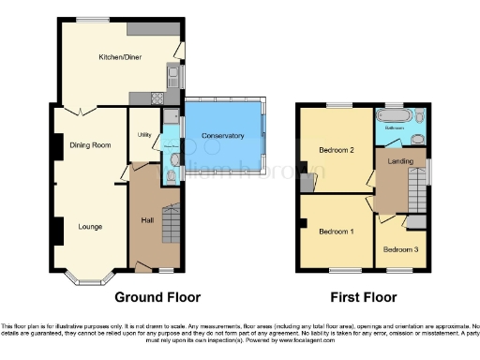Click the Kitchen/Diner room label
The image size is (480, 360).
[120, 56]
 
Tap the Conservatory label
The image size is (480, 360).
[223, 136]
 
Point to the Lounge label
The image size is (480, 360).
[90, 226]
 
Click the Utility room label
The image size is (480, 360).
[144, 135]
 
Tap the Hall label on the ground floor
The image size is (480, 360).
[147, 220]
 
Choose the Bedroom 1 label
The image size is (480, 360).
[336, 232]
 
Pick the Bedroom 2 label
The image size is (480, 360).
[336, 150]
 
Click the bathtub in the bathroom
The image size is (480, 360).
[392, 118]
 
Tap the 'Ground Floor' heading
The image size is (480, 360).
[157, 297]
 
